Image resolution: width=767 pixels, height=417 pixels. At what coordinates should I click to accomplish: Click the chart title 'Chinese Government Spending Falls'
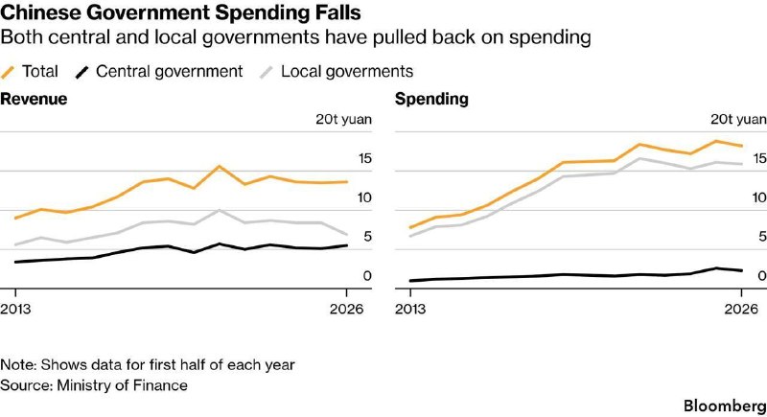pyautogui.click(x=180, y=12)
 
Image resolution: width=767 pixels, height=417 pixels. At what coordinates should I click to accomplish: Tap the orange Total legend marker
pyautogui.click(x=9, y=72)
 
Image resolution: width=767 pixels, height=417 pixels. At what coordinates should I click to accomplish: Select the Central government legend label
pyautogui.click(x=170, y=71)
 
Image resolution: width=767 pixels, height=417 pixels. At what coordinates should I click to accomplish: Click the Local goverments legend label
pyautogui.click(x=347, y=71)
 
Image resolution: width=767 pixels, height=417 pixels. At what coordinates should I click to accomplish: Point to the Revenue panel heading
pyautogui.click(x=34, y=99)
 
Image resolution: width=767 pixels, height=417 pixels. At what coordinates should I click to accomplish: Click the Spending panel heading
pyautogui.click(x=431, y=99)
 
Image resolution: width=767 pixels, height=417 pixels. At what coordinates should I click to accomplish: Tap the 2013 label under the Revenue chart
pyautogui.click(x=15, y=309)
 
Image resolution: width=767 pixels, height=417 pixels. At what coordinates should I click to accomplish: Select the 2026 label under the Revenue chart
pyautogui.click(x=347, y=309)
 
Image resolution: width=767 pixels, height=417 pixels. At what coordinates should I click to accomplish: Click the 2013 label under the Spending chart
pyautogui.click(x=410, y=309)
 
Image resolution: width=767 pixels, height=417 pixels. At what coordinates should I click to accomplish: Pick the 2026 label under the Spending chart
pyautogui.click(x=741, y=309)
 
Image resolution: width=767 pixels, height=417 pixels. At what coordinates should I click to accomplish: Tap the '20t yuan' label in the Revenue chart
pyautogui.click(x=343, y=119)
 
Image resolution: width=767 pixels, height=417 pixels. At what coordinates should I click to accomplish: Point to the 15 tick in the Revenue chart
pyautogui.click(x=365, y=158)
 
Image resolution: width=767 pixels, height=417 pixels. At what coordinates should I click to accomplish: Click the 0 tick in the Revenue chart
pyautogui.click(x=367, y=276)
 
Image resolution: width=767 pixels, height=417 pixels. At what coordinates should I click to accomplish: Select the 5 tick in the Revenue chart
pyautogui.click(x=367, y=237)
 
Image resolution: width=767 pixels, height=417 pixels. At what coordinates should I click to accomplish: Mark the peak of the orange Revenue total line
pyautogui.click(x=219, y=166)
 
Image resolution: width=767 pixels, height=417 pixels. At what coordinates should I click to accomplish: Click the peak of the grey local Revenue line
pyautogui.click(x=220, y=210)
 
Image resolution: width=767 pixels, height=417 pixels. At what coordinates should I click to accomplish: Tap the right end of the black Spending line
pyautogui.click(x=741, y=270)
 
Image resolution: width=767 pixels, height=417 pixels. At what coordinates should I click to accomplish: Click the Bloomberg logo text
pyautogui.click(x=725, y=405)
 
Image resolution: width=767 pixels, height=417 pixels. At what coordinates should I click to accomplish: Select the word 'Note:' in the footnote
pyautogui.click(x=18, y=364)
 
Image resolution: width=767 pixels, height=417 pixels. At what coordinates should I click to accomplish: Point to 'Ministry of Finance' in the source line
pyautogui.click(x=123, y=385)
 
